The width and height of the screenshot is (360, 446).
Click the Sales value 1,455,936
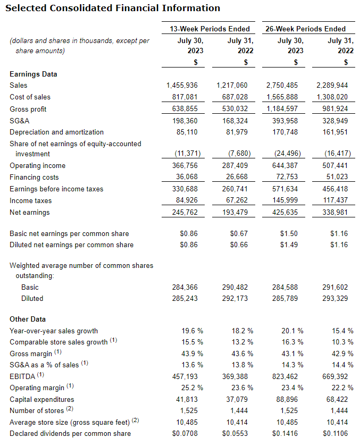pos(182,85)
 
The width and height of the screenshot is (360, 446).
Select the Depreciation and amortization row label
pos(57,132)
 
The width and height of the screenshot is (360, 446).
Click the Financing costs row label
pos(34,178)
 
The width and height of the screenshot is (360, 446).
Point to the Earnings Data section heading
pos(34,74)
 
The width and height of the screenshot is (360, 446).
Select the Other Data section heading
pos(30,319)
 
